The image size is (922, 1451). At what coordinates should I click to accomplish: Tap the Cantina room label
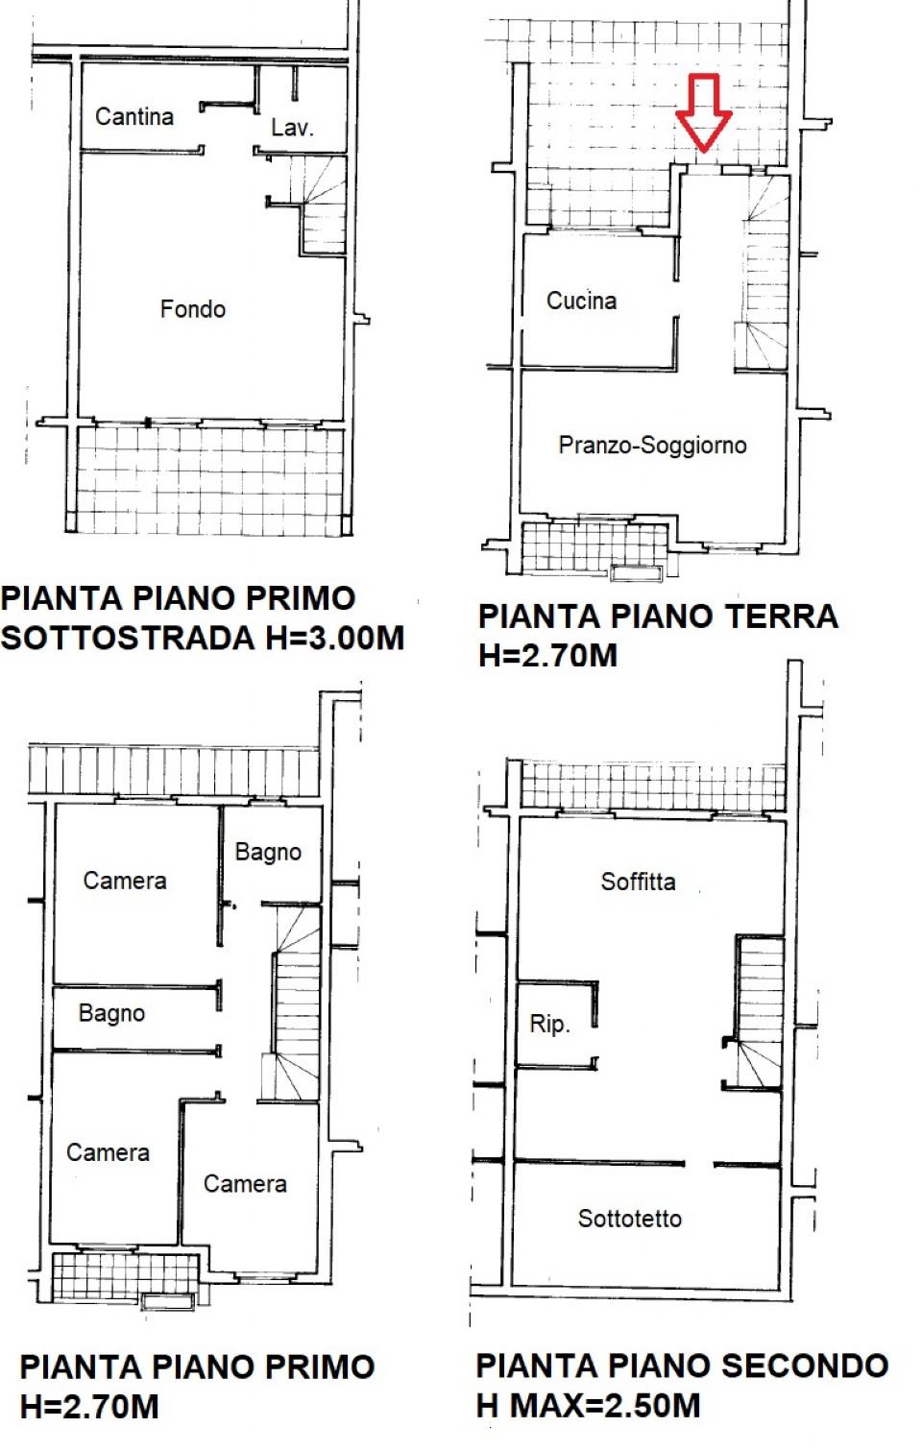[134, 116]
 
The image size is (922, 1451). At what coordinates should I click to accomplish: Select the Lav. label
[292, 128]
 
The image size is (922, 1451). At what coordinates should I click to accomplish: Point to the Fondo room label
[192, 309]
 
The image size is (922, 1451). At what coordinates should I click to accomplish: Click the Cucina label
[581, 301]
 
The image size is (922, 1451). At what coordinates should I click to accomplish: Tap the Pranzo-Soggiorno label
[652, 445]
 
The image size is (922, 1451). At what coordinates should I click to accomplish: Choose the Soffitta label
[638, 882]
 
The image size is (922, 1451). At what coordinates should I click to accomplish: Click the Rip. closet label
[550, 1024]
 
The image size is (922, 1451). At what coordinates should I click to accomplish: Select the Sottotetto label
[630, 1219]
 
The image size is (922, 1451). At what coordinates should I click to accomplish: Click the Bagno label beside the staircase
[268, 853]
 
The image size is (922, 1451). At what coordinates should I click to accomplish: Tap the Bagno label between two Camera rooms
[111, 1014]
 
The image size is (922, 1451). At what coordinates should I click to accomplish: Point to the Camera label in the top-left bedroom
[125, 881]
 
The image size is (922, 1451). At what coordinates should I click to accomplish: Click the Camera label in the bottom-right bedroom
[245, 1184]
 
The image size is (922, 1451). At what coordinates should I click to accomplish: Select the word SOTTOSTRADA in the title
[128, 638]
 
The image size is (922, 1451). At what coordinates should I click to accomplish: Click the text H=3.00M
[335, 638]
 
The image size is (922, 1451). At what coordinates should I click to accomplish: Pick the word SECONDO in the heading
[804, 1366]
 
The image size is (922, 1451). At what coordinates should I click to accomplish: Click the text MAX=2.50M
[605, 1406]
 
